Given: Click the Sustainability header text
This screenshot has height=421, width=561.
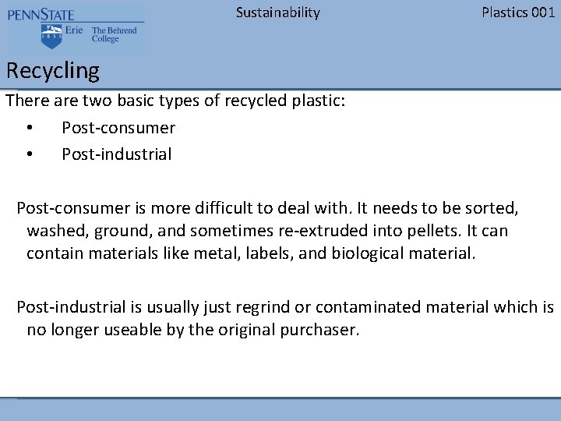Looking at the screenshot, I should click(277, 12).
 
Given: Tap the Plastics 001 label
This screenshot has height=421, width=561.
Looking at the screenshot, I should click(518, 12).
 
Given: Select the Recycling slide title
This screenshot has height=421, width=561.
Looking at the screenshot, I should click(53, 71).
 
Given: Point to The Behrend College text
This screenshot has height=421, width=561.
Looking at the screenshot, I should click(114, 35).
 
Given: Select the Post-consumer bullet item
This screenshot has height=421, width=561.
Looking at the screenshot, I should click(118, 128).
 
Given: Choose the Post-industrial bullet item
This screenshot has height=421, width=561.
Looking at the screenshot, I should click(117, 154).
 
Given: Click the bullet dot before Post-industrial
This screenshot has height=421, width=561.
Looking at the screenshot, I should click(29, 154).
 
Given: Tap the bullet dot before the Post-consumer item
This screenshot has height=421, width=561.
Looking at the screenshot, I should click(29, 128).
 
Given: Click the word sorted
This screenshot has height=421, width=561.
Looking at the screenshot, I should click(492, 209).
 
